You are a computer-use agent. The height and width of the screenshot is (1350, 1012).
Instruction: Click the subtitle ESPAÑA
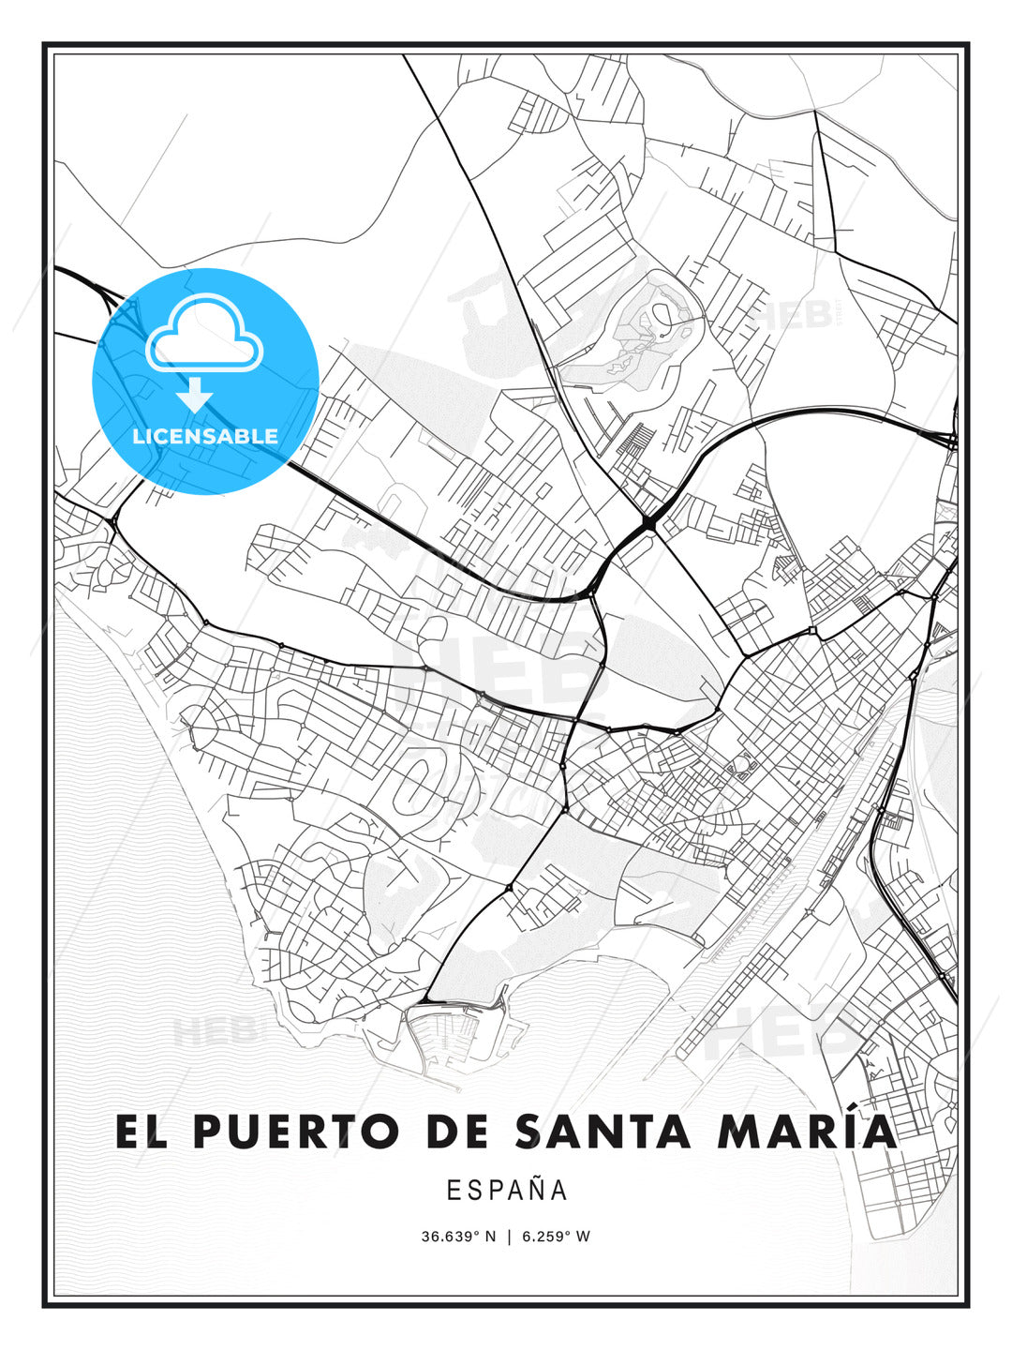click(x=507, y=1190)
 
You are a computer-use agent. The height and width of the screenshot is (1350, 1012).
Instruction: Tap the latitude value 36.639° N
click(x=457, y=1237)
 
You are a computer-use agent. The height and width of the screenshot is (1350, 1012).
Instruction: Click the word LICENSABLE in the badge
click(x=205, y=436)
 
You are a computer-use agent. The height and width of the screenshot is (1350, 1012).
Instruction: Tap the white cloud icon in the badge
click(x=202, y=333)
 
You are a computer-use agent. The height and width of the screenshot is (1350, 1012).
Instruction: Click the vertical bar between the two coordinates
click(x=509, y=1237)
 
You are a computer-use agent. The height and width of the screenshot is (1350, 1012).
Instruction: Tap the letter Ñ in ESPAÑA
click(x=534, y=1190)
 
